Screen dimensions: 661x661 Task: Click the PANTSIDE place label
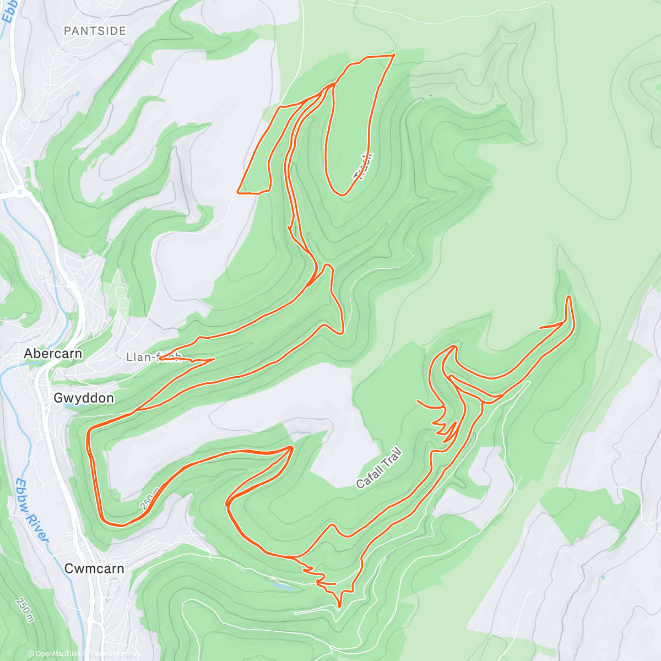point(95,31)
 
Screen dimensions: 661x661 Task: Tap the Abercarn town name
point(53,354)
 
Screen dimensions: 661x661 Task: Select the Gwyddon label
point(84,398)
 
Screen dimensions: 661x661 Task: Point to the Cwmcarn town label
point(94,568)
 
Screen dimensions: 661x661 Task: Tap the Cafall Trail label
point(379,469)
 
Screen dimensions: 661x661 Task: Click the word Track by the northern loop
point(364,166)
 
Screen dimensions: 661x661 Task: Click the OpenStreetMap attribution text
point(116,654)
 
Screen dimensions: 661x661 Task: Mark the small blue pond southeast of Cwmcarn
point(283,587)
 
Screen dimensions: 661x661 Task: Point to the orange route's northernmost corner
point(394,55)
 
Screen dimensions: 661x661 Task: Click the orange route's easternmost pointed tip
point(568,297)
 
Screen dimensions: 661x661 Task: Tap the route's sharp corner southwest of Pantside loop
point(238,192)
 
